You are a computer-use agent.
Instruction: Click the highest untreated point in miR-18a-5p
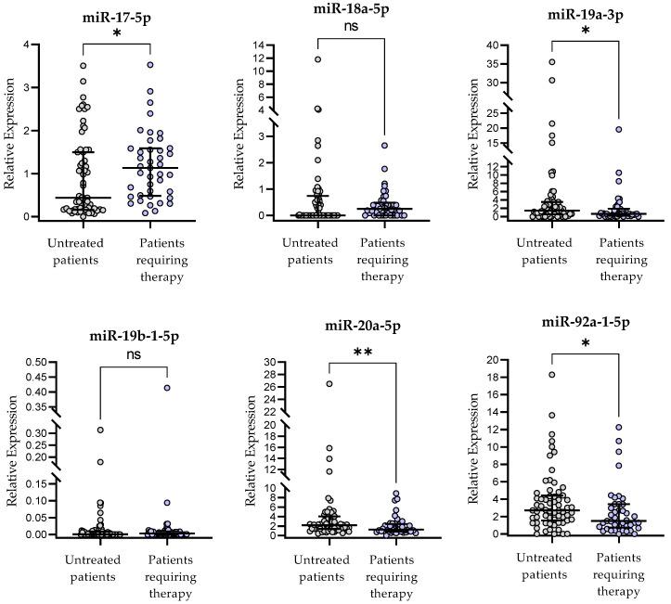(x=317, y=59)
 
